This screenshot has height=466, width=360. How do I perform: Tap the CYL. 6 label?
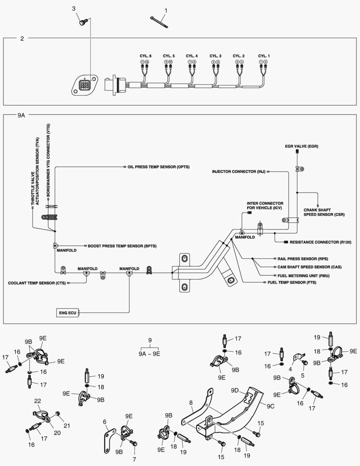pyautogui.click(x=145, y=56)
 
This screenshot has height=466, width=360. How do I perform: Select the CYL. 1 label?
pyautogui.click(x=264, y=56)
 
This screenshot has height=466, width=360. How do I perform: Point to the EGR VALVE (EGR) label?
pyautogui.click(x=301, y=147)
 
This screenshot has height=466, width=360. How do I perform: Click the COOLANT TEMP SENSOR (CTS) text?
pyautogui.click(x=37, y=283)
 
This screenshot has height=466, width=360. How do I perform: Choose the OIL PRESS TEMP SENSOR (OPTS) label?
pyautogui.click(x=158, y=167)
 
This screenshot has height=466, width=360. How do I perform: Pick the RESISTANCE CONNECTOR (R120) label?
pyautogui.click(x=321, y=242)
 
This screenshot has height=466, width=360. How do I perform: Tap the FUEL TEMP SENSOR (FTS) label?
pyautogui.click(x=295, y=282)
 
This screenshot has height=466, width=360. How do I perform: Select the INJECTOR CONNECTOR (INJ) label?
pyautogui.click(x=238, y=172)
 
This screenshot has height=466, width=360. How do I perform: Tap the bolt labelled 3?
pyautogui.click(x=83, y=21)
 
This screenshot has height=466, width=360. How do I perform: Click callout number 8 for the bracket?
pyautogui.click(x=191, y=403)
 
